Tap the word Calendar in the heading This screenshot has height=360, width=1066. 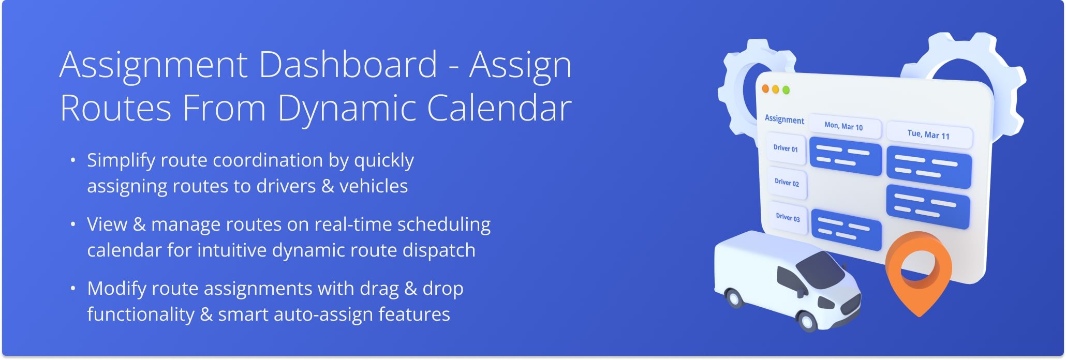click(x=499, y=108)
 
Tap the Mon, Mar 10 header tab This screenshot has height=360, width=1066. click(x=843, y=126)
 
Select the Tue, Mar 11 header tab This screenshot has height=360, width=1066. click(x=928, y=134)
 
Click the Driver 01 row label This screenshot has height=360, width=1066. click(x=786, y=148)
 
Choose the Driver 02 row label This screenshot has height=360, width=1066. click(x=787, y=182)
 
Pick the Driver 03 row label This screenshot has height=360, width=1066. click(x=788, y=217)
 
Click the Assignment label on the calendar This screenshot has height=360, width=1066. click(x=784, y=119)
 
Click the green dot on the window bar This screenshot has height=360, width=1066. click(x=786, y=90)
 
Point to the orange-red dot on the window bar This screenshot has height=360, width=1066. click(x=765, y=88)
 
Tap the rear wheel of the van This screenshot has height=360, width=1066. click(x=733, y=297)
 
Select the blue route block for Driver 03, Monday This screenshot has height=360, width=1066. click(x=846, y=229)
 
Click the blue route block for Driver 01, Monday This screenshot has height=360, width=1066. click(x=845, y=156)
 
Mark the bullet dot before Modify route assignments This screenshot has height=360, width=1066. click(x=73, y=288)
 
